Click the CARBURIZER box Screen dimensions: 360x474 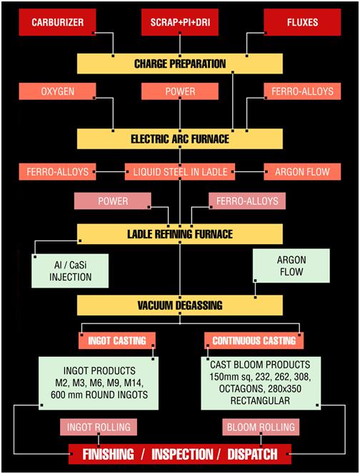click(57, 22)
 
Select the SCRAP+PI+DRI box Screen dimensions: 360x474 click(180, 22)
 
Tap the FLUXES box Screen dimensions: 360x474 click(302, 22)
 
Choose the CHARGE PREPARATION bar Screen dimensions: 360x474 click(180, 64)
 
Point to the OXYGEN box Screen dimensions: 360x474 click(57, 91)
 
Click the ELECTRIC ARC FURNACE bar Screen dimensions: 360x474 click(180, 138)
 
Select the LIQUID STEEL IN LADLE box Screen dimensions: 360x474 click(180, 172)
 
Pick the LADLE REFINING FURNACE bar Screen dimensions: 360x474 click(180, 234)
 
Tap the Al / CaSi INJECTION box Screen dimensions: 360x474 click(70, 271)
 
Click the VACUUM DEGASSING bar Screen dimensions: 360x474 click(180, 306)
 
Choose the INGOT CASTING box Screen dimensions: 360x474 click(117, 341)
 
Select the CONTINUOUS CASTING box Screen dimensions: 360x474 click(254, 341)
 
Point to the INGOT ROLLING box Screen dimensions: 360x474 click(99, 427)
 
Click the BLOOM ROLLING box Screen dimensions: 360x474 click(261, 427)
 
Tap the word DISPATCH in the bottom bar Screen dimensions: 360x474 click(252, 454)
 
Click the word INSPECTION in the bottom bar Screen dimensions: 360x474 click(182, 454)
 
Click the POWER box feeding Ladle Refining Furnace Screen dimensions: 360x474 click(113, 201)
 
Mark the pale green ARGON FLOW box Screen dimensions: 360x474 click(291, 266)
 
